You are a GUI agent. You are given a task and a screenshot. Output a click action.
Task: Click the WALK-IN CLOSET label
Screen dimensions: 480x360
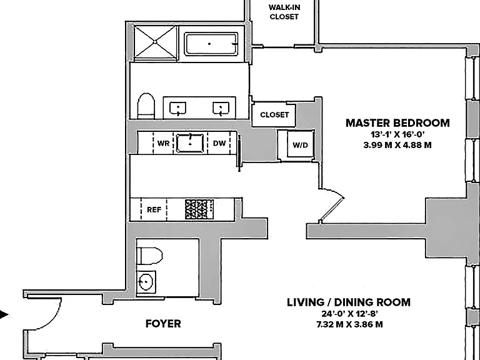click(284, 12)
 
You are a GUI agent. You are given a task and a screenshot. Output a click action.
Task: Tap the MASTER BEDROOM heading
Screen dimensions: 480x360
click(397, 123)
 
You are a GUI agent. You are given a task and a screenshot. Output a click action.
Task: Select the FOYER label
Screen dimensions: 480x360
click(163, 324)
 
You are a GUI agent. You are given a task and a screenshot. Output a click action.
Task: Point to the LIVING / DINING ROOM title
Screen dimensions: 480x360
click(349, 302)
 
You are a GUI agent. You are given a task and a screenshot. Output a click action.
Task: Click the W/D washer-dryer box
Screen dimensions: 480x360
click(300, 144)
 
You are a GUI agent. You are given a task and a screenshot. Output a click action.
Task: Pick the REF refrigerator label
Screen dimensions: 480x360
click(154, 210)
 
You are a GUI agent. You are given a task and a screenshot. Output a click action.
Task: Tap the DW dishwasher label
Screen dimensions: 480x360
click(219, 143)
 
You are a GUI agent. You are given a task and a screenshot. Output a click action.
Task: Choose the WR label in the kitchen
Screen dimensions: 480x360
click(163, 143)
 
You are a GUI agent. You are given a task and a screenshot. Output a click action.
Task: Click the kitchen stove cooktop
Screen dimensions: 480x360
click(199, 209)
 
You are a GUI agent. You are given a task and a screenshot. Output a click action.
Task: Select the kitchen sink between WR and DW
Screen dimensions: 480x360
click(190, 143)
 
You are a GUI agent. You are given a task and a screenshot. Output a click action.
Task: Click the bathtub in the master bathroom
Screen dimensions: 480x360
click(211, 44)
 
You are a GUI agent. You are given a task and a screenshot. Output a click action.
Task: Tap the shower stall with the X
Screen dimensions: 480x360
click(155, 42)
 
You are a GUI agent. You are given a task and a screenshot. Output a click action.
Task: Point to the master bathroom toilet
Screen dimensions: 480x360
click(146, 106)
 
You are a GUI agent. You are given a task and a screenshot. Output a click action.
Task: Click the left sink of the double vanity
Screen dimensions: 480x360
click(178, 109)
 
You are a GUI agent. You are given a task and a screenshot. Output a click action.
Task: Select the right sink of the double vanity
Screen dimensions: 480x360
click(221, 109)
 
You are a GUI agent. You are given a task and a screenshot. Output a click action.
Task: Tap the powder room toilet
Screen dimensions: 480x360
click(150, 256)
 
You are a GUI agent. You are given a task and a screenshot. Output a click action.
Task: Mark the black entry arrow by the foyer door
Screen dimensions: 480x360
click(4, 314)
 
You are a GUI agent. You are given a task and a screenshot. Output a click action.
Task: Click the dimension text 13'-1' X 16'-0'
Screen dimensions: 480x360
click(397, 134)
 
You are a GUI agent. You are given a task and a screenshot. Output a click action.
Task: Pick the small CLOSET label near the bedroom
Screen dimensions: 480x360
click(274, 115)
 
